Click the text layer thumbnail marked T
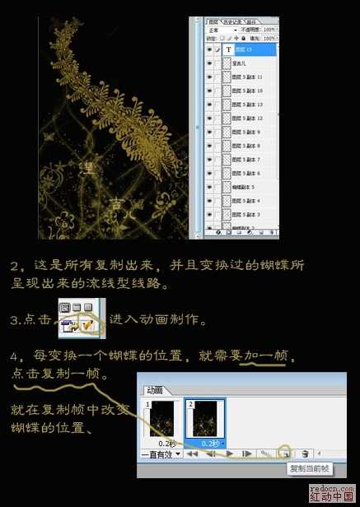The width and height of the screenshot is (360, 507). [228, 48]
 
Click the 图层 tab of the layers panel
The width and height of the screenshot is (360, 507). [217, 20]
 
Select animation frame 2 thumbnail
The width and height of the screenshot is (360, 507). [208, 421]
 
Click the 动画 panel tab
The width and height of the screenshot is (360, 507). [156, 389]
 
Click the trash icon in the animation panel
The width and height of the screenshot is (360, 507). [305, 453]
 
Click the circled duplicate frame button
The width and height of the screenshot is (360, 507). [284, 453]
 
